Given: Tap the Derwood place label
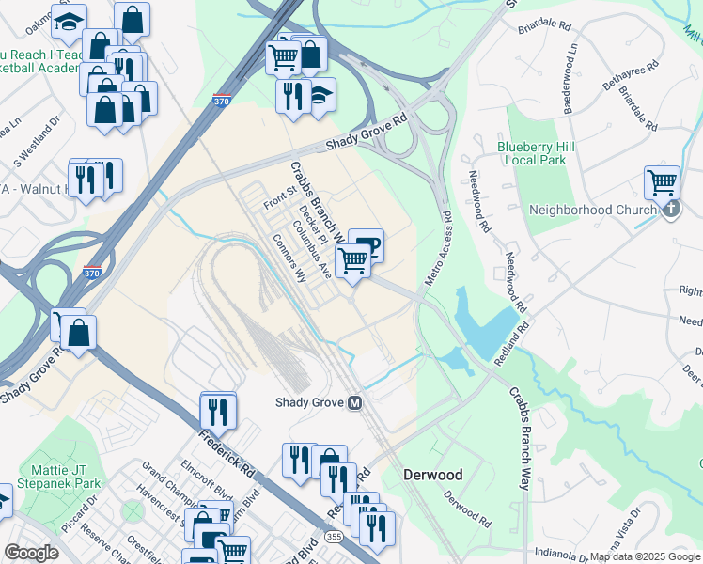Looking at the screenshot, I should click(433, 473).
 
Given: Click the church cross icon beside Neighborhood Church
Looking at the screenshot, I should click(670, 209).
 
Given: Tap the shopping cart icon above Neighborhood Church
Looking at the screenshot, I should click(663, 181).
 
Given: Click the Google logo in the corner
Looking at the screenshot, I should click(31, 553).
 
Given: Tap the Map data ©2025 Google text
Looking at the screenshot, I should click(645, 556).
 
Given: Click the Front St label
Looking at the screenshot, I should click(279, 197).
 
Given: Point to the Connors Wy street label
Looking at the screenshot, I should click(289, 258).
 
